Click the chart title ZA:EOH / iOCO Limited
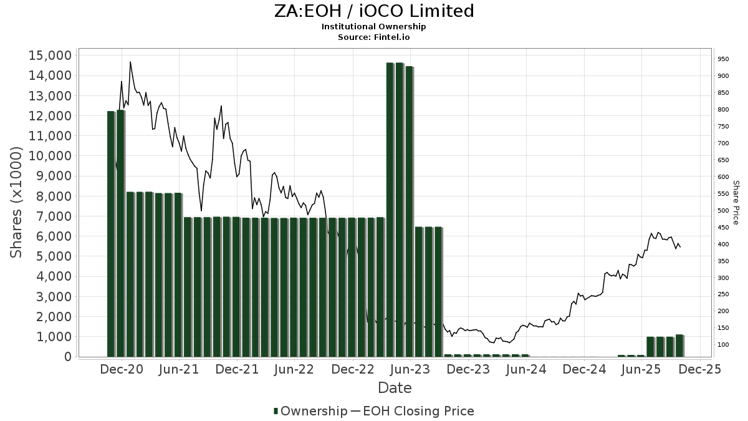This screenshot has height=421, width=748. click(x=374, y=11)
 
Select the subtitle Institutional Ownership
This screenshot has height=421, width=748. click(x=374, y=27)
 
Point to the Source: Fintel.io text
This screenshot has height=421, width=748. click(x=374, y=37)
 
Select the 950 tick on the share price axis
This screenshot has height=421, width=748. click(x=722, y=59)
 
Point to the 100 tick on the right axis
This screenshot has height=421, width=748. click(x=722, y=345)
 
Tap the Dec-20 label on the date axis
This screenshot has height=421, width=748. click(x=122, y=369)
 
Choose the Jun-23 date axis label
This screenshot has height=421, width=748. click(x=411, y=369)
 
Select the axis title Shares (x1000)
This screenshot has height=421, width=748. click(x=17, y=201)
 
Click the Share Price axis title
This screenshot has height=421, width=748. click(x=736, y=202)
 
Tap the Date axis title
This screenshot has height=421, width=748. click(x=395, y=388)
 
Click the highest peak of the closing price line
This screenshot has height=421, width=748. click(x=130, y=62)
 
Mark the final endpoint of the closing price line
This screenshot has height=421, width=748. click(x=680, y=247)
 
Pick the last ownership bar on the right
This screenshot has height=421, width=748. click(x=679, y=346)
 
